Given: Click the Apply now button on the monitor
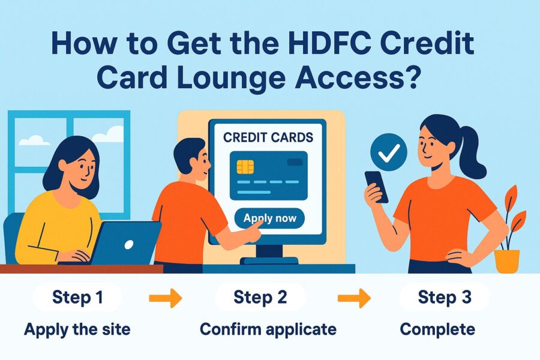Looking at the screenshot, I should [270, 218].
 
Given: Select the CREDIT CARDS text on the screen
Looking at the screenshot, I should [268, 137].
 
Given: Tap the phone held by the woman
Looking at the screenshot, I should [376, 186].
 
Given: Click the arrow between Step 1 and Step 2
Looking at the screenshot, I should [165, 298].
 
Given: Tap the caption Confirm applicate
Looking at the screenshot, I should [268, 329].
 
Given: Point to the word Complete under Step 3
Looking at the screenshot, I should [437, 329].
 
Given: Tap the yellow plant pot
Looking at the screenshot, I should [506, 261].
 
